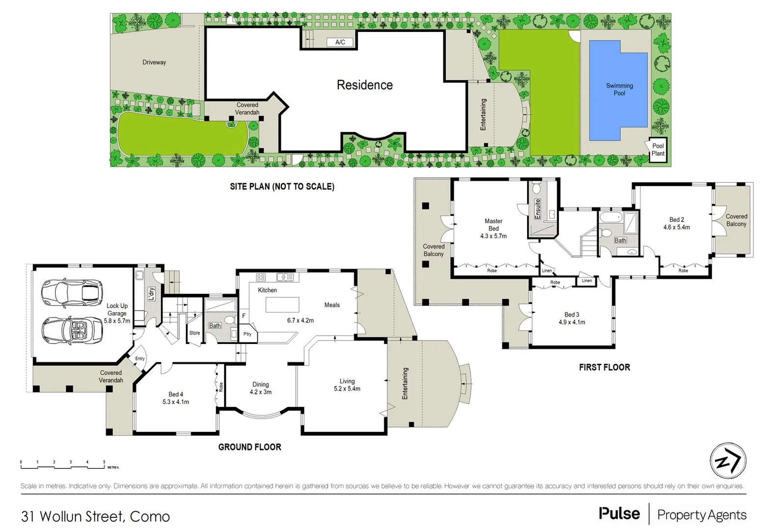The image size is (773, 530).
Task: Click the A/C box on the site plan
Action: coord(340,42)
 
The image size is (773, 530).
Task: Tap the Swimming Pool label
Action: coord(619,89)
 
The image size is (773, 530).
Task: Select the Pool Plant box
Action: coord(658,149)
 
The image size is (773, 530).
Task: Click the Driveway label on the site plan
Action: coord(154,62)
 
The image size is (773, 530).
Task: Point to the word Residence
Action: coord(365,85)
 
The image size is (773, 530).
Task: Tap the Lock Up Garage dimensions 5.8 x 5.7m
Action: coord(117,321)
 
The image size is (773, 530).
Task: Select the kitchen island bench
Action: coord(282,305)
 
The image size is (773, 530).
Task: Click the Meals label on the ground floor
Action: coord(332,305)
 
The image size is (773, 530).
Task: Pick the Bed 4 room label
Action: coord(176,394)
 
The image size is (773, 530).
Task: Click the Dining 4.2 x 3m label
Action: coord(261,388)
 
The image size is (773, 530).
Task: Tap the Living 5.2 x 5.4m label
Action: coord(347,385)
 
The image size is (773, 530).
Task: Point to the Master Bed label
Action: coord(493,225)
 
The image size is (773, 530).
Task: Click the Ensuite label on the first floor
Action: coord(537,209)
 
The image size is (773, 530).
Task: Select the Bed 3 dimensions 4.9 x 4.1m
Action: coord(572,322)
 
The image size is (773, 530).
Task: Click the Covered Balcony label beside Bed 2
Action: coord(736,220)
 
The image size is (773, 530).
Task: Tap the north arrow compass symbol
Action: coord(728,461)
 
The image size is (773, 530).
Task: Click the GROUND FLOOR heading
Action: coord(249,447)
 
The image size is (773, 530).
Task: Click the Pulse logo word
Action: coord(619,514)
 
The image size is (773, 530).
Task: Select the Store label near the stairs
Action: coord(194,333)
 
